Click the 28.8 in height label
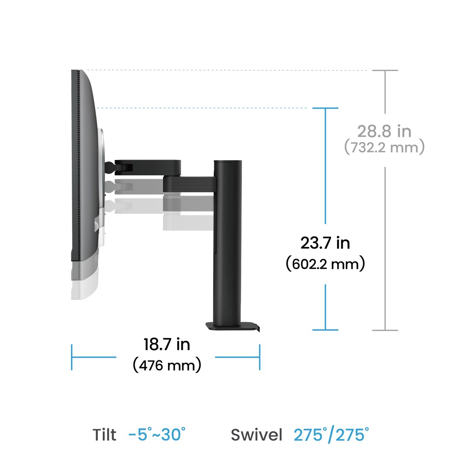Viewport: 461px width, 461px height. click(x=384, y=131)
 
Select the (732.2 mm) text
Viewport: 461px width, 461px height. click(x=384, y=148)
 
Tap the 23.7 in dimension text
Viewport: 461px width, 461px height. click(x=325, y=243)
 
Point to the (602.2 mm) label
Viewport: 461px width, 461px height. click(x=325, y=264)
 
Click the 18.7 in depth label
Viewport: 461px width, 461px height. click(x=166, y=344)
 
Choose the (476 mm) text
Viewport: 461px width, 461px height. click(x=166, y=365)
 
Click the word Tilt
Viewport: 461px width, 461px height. click(x=104, y=435)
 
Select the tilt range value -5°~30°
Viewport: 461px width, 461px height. click(x=157, y=435)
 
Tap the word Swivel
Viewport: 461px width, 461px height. click(x=257, y=435)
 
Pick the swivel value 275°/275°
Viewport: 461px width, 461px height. click(x=331, y=435)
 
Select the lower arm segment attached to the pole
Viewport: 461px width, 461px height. click(x=190, y=184)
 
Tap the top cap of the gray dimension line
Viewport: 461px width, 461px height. click(x=385, y=70)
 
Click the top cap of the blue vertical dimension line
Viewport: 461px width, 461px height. click(x=325, y=108)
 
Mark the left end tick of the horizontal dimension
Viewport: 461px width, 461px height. click(x=72, y=357)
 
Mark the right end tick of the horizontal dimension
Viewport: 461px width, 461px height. click(x=260, y=357)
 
